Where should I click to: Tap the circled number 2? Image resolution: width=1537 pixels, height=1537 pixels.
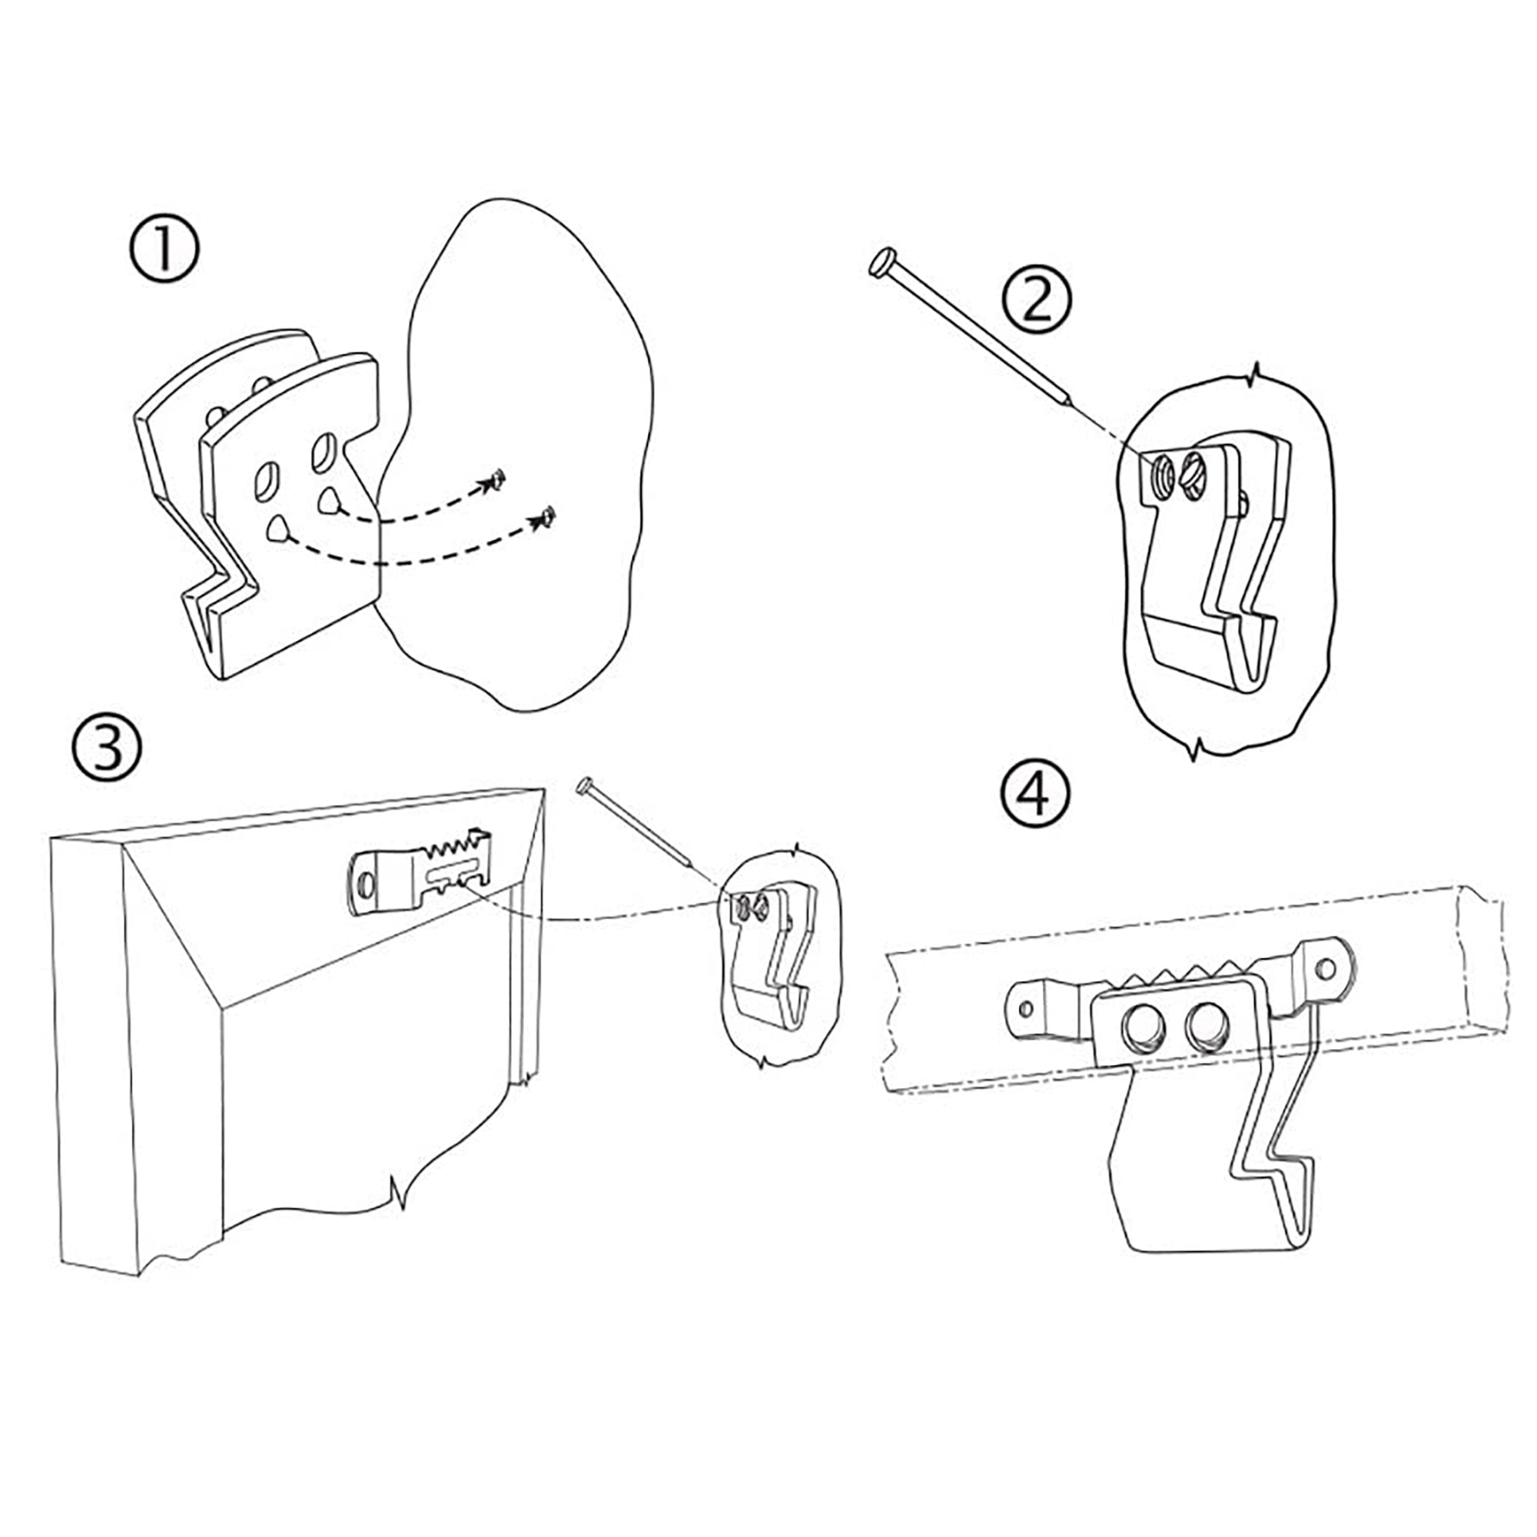tap(1037, 300)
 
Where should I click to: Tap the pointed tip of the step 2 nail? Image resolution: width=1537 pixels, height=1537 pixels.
tap(1068, 403)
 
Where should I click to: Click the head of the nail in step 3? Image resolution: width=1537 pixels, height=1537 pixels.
tap(587, 785)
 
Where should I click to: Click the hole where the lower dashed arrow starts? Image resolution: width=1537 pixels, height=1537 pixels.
tap(277, 529)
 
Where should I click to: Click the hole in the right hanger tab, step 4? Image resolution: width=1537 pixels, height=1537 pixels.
tap(1325, 968)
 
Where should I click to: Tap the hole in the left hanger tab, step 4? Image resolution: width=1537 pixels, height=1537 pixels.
tap(1025, 1011)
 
